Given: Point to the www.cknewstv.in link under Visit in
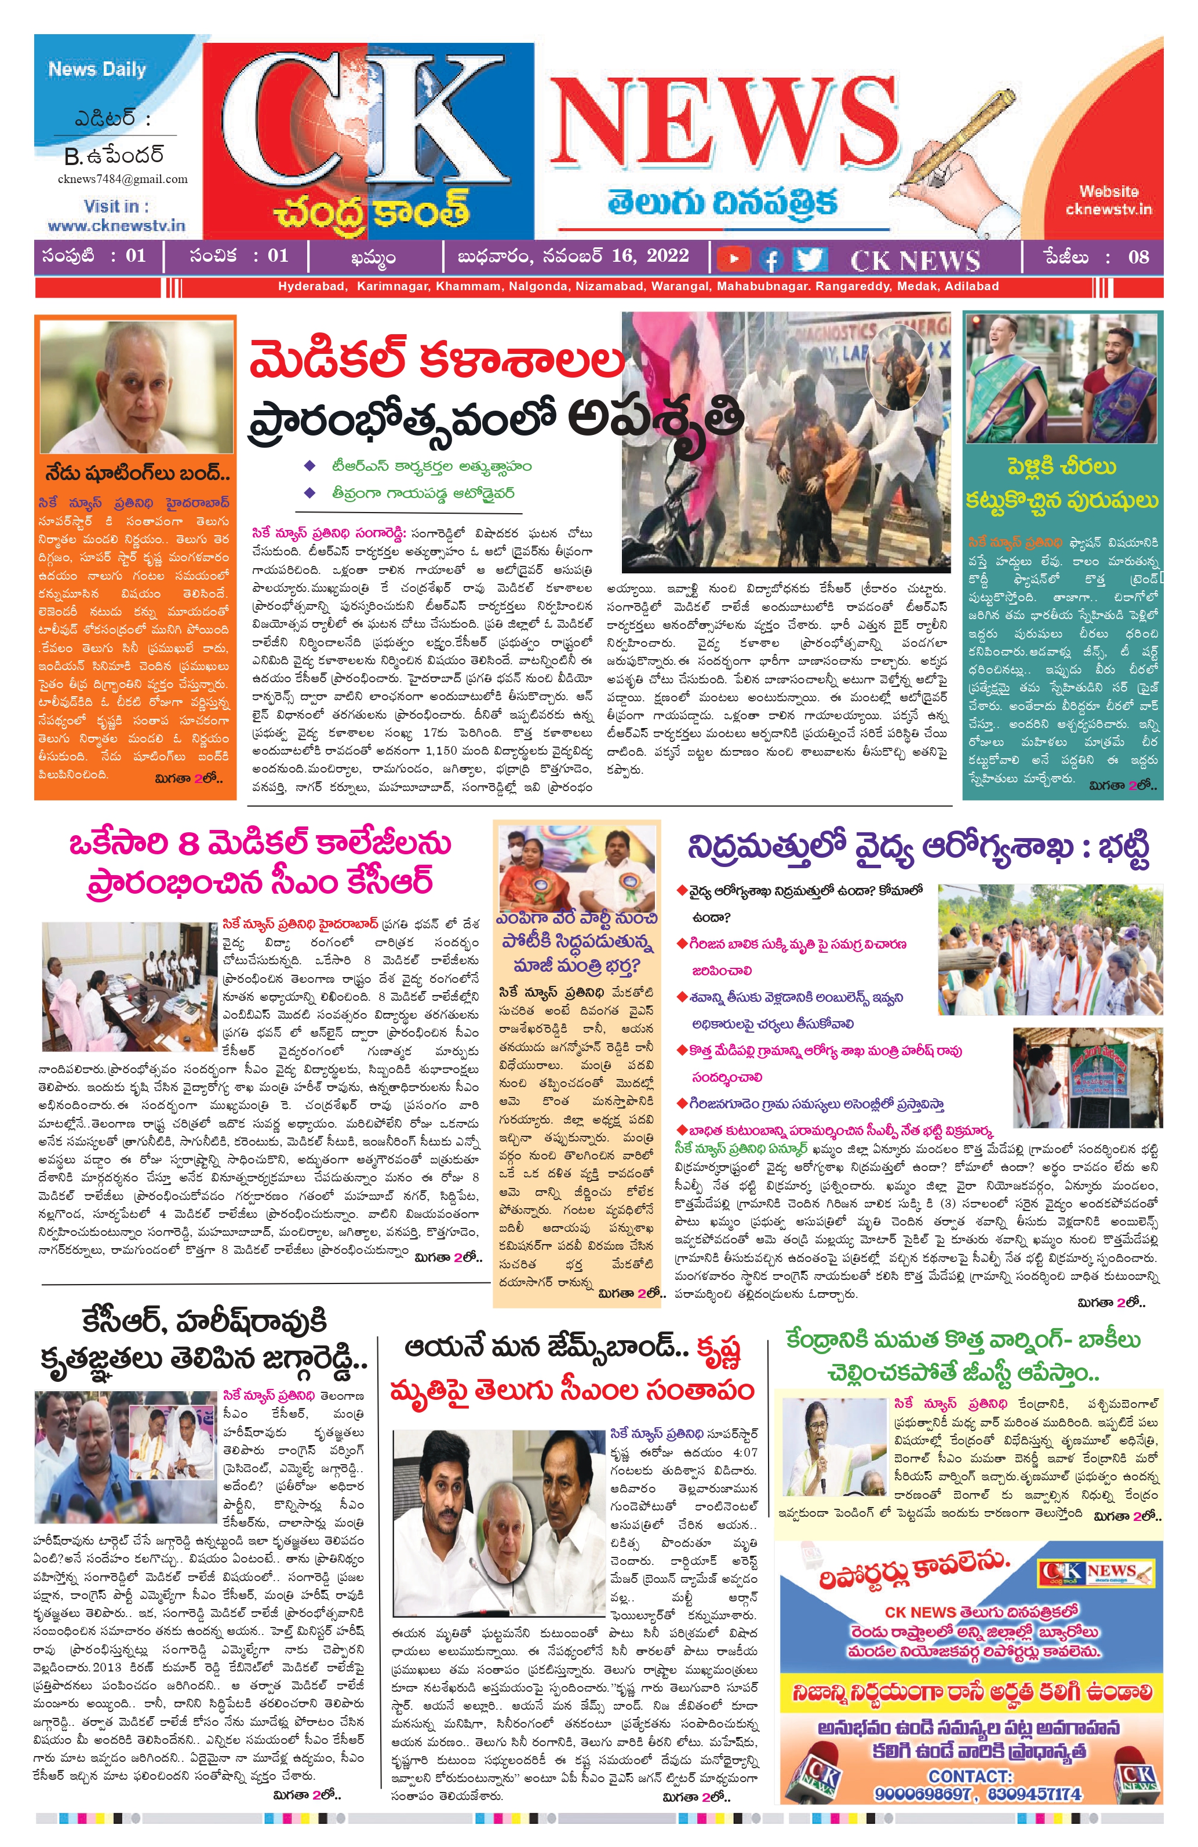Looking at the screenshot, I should pyautogui.click(x=116, y=226).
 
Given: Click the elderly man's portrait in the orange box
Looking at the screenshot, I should pyautogui.click(x=136, y=388).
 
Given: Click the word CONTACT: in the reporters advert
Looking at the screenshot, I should pyautogui.click(x=970, y=1776).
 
